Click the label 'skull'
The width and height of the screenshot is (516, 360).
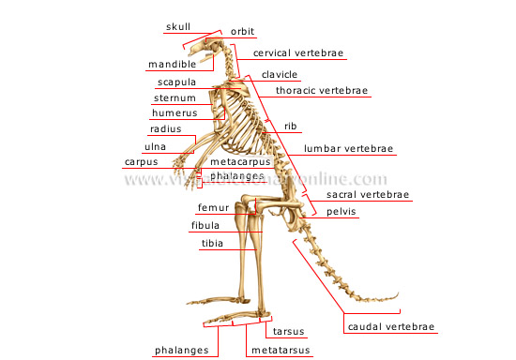click(177, 27)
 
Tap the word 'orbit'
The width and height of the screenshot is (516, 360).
click(242, 31)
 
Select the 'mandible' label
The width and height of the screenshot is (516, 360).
click(172, 65)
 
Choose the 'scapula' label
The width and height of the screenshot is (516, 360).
click(174, 82)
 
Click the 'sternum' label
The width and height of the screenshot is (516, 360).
click(174, 97)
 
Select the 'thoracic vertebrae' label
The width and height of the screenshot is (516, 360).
click(322, 91)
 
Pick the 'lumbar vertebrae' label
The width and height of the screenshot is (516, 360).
click(349, 149)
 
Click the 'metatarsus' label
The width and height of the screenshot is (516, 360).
click(281, 351)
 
